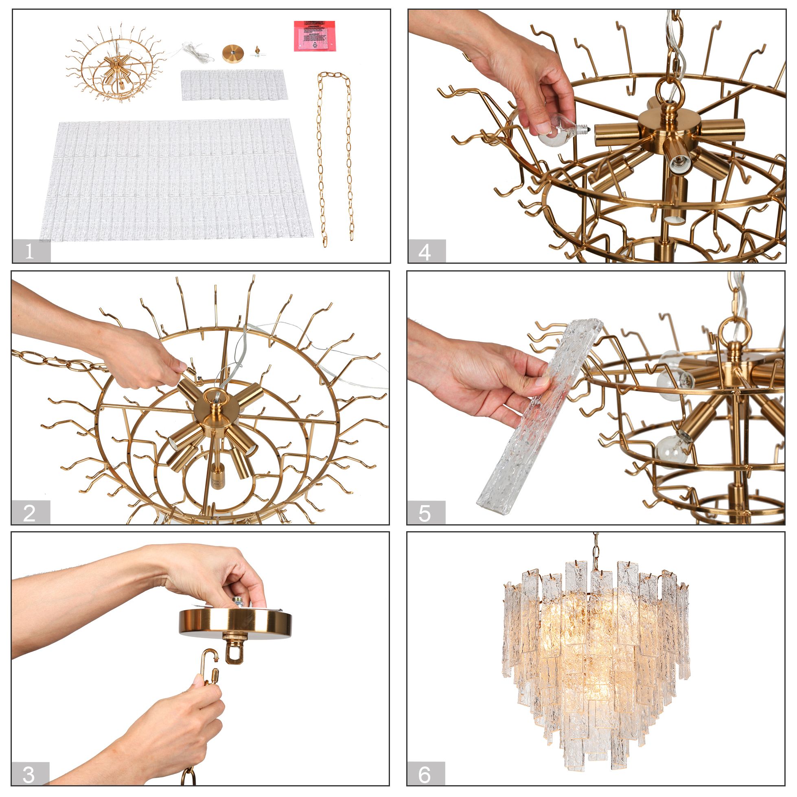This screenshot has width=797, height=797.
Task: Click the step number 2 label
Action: (30, 513)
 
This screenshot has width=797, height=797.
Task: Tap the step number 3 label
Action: (30, 774)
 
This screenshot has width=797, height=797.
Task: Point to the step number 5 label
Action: (426, 513)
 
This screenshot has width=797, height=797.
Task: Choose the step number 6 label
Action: (425, 774)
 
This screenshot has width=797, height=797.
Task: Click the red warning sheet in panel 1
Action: (314, 36)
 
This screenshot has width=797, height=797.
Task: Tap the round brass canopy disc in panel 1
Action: (233, 53)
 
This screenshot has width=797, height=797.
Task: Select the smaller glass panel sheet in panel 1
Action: (234, 84)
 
